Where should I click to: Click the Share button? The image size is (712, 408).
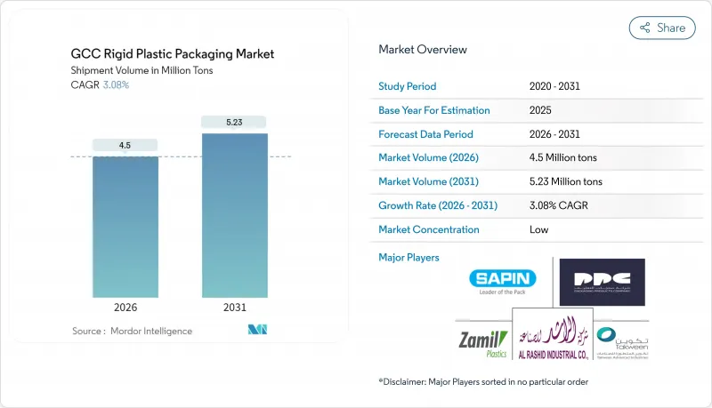[662, 28]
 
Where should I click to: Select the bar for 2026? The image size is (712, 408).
[125, 227]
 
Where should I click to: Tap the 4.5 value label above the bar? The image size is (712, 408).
[125, 145]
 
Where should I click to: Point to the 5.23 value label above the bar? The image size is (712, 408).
[234, 122]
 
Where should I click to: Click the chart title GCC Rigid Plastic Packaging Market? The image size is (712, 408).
[173, 54]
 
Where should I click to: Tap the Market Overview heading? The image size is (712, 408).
[423, 50]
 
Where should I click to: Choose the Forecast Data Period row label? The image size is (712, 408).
[425, 134]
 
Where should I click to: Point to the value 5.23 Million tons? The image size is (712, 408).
[565, 181]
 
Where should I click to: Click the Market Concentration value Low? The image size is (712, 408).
[539, 229]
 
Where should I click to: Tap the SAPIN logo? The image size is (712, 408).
[503, 282]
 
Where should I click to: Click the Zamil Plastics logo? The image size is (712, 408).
[483, 343]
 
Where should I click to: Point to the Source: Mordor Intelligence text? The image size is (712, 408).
[132, 331]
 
